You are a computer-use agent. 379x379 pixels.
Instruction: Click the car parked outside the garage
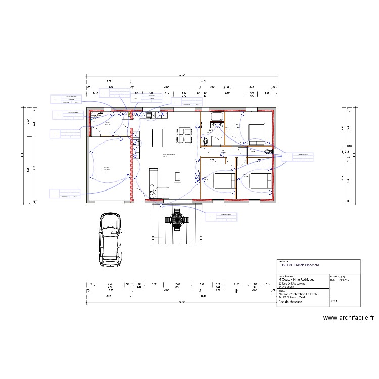coord(110,241)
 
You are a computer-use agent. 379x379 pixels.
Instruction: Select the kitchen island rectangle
coord(157,137)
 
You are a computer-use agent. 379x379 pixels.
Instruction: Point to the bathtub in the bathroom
coord(217,118)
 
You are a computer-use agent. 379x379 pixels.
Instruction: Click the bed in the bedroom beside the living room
coord(223,181)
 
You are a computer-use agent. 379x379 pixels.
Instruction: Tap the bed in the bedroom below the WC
coord(259,181)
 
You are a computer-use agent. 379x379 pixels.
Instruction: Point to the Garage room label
coord(107,168)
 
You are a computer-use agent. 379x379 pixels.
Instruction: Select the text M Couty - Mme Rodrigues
coord(297,279)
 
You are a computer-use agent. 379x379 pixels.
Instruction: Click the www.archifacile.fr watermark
coord(349,318)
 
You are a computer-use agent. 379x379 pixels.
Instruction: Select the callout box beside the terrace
coord(221,216)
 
